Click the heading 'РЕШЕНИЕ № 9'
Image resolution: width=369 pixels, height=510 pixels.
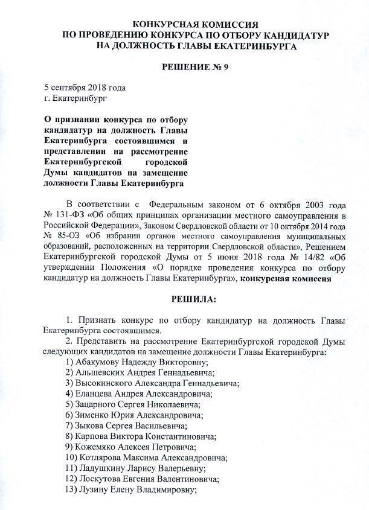tap(184, 66)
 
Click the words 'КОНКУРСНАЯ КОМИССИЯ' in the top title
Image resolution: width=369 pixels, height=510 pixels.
tap(184, 24)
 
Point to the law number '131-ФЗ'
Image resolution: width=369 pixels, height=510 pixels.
tap(72, 214)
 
